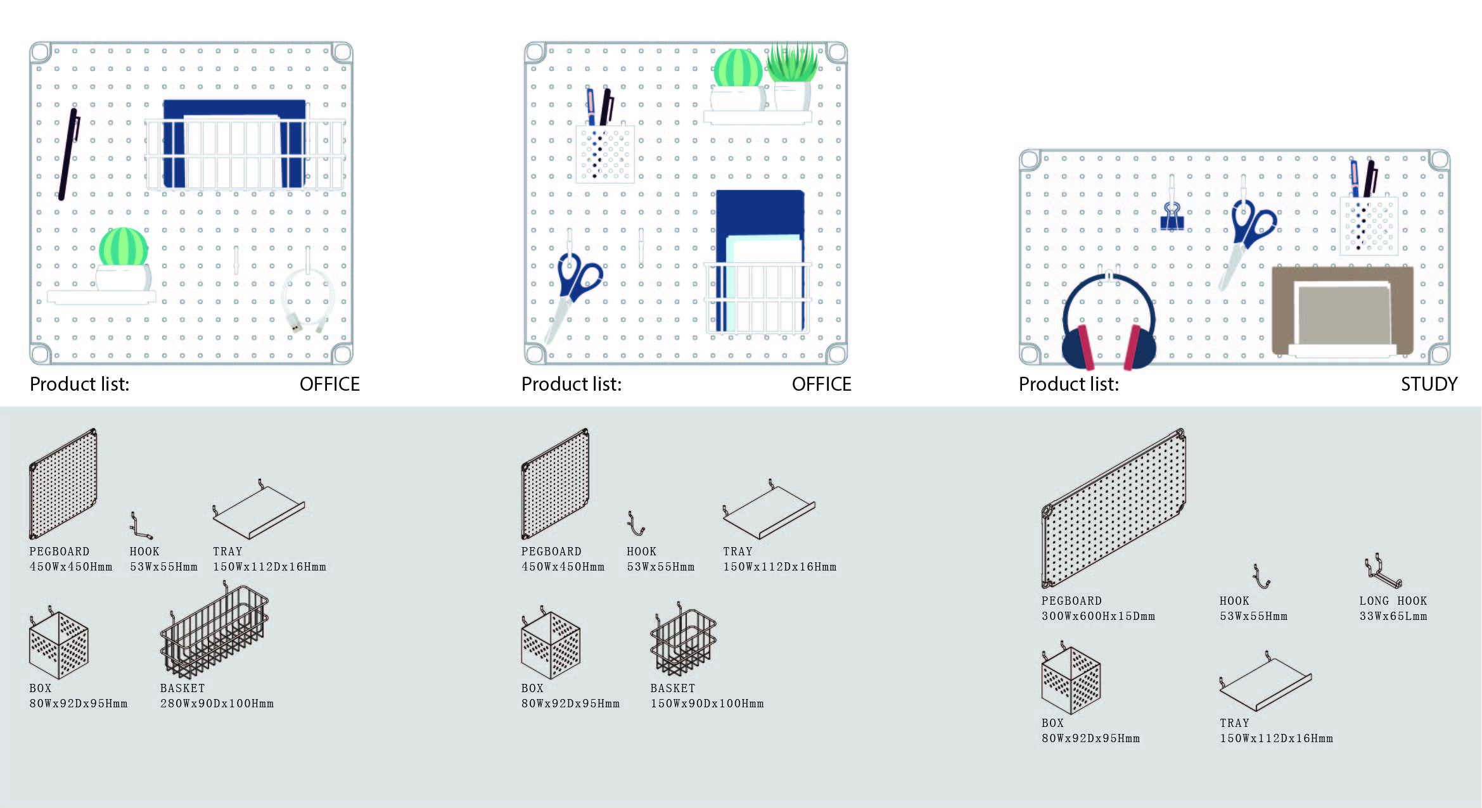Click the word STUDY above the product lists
click(1428, 384)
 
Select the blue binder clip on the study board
click(1172, 217)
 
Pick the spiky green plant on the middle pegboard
click(791, 63)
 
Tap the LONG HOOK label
click(1393, 600)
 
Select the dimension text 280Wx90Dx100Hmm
click(217, 704)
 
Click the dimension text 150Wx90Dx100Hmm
click(706, 704)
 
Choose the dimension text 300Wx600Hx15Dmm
click(1098, 616)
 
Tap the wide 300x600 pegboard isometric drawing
click(1113, 510)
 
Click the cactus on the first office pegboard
click(124, 248)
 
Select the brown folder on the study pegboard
click(1342, 310)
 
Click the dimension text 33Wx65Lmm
click(1393, 616)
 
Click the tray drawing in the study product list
click(1265, 684)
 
